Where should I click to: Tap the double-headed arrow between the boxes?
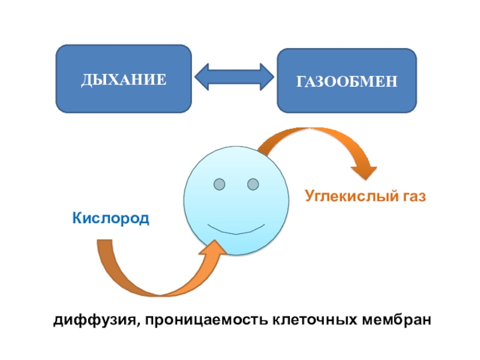[x=235, y=77]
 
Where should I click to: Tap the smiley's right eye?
[x=253, y=182]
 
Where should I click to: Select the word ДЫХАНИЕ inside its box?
[x=124, y=79]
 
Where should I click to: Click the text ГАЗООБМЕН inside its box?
[x=346, y=80]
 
